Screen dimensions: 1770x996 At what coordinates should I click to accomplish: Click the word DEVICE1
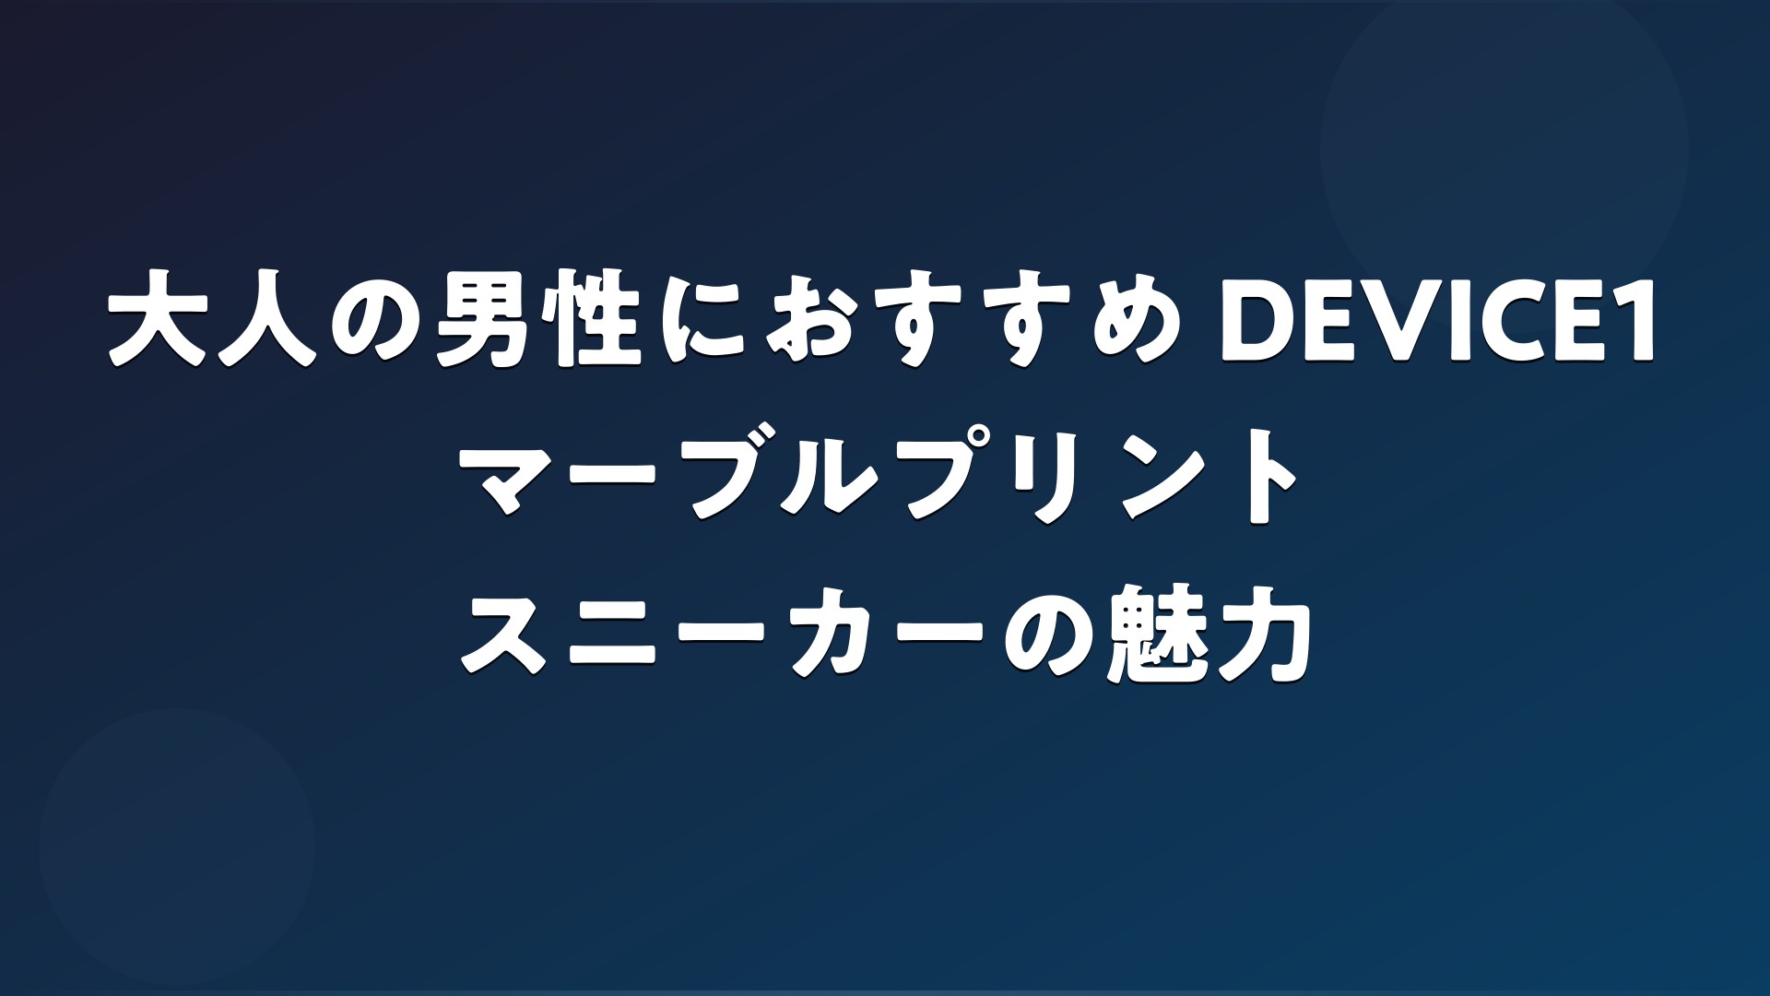point(1439,329)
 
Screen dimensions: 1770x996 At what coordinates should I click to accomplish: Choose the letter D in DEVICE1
point(1255,329)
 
